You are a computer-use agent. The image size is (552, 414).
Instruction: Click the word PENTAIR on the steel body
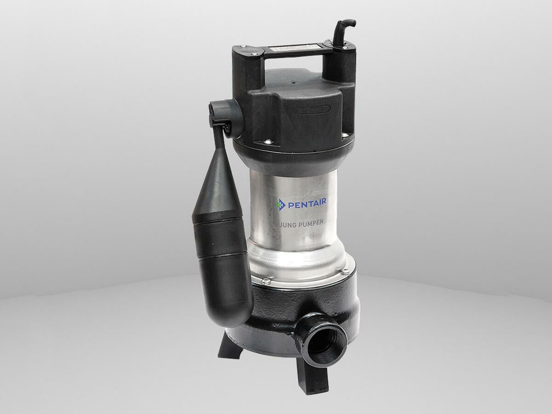click(x=307, y=203)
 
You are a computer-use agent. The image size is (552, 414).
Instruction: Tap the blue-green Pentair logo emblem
click(x=281, y=204)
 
